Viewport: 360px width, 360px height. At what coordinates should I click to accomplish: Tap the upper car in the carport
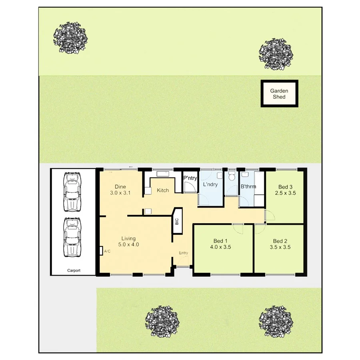pos(72,192)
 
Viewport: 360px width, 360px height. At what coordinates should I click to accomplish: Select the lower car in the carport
pos(72,238)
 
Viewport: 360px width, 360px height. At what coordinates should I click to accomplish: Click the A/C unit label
pos(107,251)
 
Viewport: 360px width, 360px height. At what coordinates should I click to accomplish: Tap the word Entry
pos(183,253)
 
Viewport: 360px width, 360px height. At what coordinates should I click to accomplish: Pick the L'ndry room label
pos(210,185)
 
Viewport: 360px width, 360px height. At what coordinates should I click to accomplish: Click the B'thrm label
pos(248,186)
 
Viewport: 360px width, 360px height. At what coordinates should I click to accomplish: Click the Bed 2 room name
pos(280,241)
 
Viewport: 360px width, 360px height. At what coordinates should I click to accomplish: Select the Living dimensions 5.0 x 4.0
pos(128,244)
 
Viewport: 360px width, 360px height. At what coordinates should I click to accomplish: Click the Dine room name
pos(120,186)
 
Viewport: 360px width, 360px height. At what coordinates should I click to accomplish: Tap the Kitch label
pos(163,190)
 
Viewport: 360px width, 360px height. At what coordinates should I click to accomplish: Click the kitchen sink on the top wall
pos(163,174)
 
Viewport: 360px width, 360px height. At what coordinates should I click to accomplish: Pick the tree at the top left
pos(70,37)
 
